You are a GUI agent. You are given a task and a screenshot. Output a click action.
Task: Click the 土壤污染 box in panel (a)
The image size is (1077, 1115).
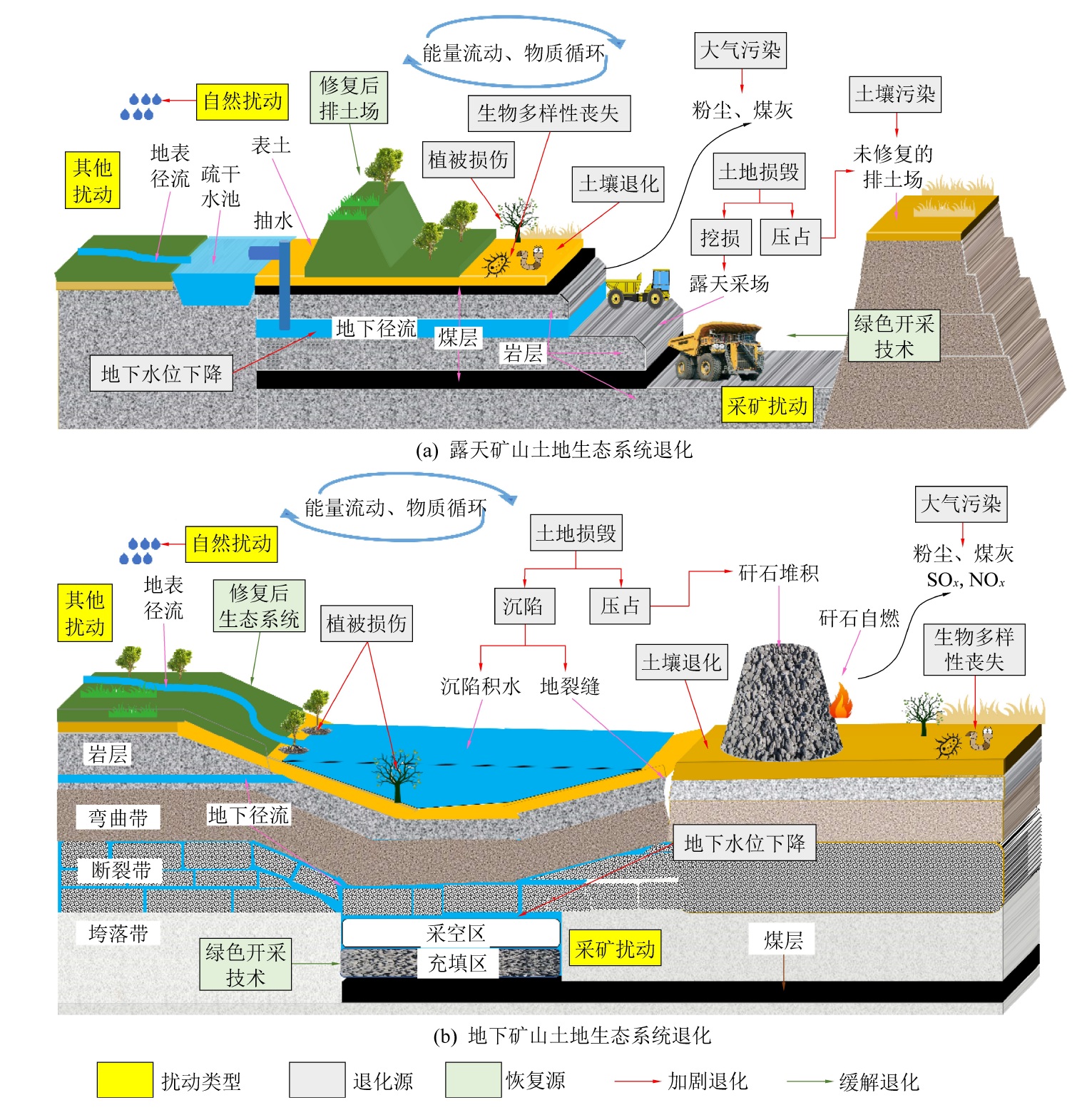coord(894,94)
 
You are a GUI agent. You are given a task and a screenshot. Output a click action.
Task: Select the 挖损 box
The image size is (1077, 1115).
coord(720,238)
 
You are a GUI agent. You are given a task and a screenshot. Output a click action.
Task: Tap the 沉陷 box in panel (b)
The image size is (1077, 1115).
coord(524,606)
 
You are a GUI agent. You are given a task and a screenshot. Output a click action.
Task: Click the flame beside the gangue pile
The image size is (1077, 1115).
coord(842,701)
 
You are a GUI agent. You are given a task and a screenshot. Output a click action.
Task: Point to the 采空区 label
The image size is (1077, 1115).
coord(456,933)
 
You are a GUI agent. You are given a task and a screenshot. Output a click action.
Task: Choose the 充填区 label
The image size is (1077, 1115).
coord(457,964)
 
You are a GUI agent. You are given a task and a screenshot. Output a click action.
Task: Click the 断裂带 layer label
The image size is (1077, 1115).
coord(120,870)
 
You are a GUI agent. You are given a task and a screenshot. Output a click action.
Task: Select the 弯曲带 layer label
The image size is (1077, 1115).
coord(118,818)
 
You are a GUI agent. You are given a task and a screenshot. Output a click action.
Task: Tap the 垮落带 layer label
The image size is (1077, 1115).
coord(118,933)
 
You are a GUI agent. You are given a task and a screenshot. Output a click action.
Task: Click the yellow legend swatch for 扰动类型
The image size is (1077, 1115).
coord(125,1079)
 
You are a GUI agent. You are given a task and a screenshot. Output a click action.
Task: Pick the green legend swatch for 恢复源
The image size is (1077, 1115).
coord(473,1079)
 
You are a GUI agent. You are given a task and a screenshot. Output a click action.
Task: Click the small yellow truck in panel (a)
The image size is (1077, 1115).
coord(638,287)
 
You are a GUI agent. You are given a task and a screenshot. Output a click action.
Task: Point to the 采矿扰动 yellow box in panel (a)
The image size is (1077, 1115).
coord(767,406)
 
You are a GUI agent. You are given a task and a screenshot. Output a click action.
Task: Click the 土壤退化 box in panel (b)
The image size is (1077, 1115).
coord(681,663)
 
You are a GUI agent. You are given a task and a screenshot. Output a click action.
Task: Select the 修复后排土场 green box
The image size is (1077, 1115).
coord(349,98)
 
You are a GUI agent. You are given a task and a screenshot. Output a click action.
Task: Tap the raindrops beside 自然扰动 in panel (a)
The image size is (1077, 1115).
coord(141,106)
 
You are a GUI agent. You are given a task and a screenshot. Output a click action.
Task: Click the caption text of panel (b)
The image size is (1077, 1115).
coord(572,1036)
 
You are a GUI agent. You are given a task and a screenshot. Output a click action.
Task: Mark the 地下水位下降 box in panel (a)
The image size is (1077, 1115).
coord(161,373)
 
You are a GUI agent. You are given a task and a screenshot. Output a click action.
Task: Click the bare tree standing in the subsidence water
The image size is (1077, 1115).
coord(397,774)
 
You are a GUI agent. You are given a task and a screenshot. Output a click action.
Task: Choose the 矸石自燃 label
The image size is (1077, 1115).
coord(859,618)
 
